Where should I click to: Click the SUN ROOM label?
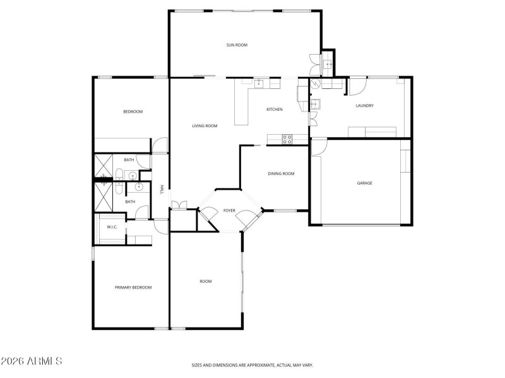237,45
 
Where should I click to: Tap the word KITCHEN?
274,110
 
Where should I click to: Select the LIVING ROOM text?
205,126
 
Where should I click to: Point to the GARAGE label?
364,183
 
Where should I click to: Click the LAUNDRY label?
365,106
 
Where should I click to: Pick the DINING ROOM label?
281,174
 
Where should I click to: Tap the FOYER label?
229,210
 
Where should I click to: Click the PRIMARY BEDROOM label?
133,287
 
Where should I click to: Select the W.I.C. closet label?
112,227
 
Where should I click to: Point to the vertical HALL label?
162,189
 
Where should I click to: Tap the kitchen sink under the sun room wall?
259,82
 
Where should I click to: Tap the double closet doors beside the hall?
177,205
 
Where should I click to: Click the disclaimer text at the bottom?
252,365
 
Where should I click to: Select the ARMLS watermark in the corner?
32,361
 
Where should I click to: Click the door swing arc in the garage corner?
319,146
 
